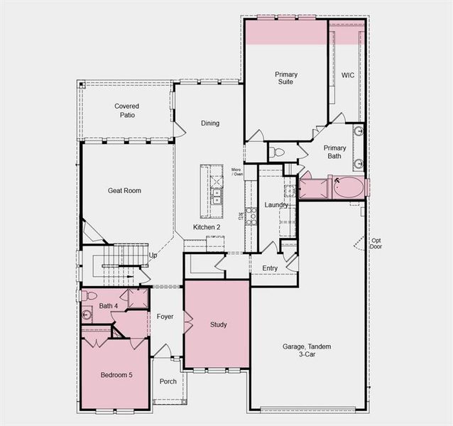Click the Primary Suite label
[x=286, y=78]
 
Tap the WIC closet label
[x=347, y=75]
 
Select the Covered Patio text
[x=127, y=110]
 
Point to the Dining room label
[x=210, y=124]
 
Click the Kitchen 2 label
[x=207, y=227]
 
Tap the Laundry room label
[x=276, y=205]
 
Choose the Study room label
[x=218, y=324]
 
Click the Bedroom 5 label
[x=116, y=375]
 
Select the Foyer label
[x=165, y=317]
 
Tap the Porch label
[x=168, y=381]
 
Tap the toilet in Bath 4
[x=89, y=295]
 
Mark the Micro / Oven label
[x=237, y=173]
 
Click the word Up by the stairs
[x=153, y=255]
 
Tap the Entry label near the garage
[x=270, y=268]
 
